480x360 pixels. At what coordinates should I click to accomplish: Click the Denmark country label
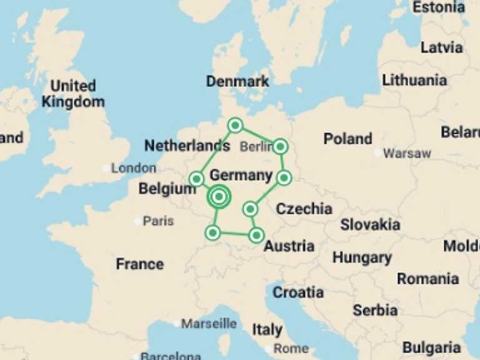click(237, 81)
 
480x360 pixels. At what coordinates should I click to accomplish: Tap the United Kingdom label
click(73, 94)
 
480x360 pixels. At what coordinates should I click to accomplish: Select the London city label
click(134, 168)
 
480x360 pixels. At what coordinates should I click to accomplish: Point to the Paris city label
click(158, 221)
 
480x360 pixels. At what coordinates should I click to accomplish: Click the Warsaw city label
click(407, 153)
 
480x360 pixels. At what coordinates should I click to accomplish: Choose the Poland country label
click(347, 139)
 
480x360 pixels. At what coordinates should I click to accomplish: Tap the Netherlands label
click(187, 146)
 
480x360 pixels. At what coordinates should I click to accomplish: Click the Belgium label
click(167, 189)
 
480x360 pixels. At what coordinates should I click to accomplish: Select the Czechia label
click(304, 209)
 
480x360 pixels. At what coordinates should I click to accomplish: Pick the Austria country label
click(289, 246)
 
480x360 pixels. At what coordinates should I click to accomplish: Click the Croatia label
click(298, 292)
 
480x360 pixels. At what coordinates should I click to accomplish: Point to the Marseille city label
click(209, 324)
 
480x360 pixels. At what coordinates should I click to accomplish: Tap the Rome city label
click(291, 348)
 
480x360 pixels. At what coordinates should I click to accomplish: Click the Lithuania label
click(414, 80)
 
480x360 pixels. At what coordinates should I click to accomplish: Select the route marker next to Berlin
click(280, 147)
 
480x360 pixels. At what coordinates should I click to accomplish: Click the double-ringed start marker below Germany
click(219, 197)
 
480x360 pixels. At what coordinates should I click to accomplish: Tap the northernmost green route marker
click(235, 126)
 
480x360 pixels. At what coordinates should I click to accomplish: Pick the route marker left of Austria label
click(256, 236)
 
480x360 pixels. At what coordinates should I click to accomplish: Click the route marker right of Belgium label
click(196, 179)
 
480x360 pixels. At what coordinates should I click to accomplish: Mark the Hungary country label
click(362, 257)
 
